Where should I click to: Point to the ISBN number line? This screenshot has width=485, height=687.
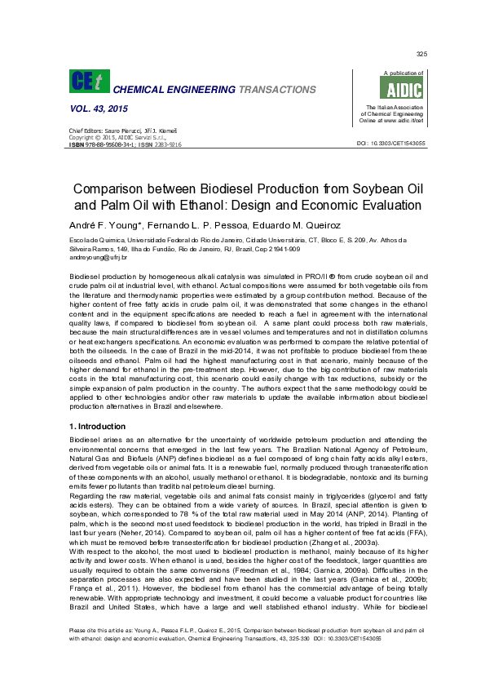[124, 144]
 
